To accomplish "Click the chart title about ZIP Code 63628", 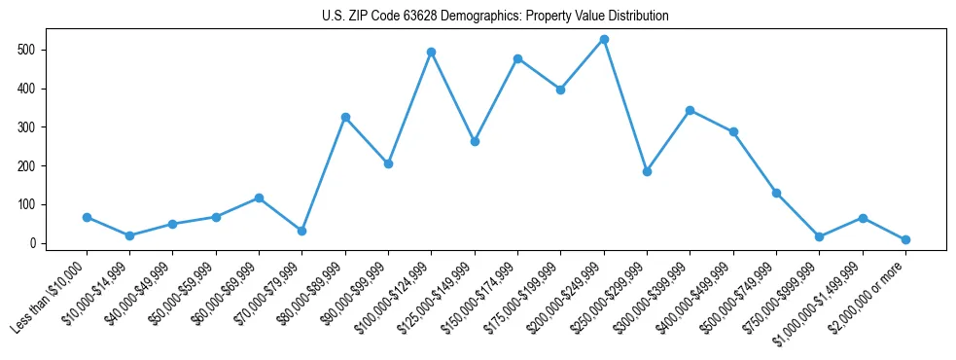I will pyautogui.click(x=495, y=17).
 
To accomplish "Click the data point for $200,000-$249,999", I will pyautogui.click(x=604, y=39).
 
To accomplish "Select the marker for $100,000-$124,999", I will pyautogui.click(x=431, y=52).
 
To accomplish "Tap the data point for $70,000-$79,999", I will pyautogui.click(x=301, y=231).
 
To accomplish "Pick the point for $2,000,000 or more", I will pyautogui.click(x=905, y=239).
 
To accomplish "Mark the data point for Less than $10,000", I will pyautogui.click(x=87, y=217).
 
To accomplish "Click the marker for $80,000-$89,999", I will pyautogui.click(x=345, y=117).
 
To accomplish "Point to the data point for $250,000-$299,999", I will pyautogui.click(x=647, y=171).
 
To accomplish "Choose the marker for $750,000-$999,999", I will pyautogui.click(x=819, y=236).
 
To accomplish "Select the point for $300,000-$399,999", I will pyautogui.click(x=690, y=110).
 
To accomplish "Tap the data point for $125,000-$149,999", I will pyautogui.click(x=474, y=141).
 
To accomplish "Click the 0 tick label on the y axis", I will pyautogui.click(x=33, y=243).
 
